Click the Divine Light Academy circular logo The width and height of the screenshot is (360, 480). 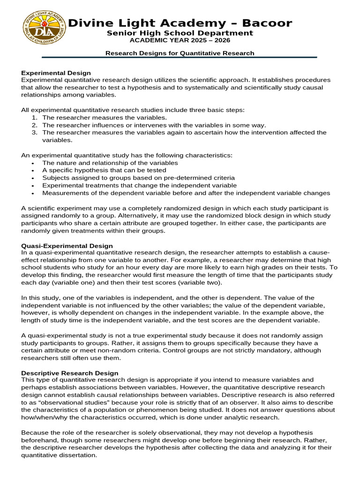point(45,28)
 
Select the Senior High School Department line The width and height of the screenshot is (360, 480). point(180,33)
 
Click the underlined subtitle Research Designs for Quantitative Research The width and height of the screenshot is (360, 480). point(180,53)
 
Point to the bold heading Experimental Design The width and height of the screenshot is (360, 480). point(56,73)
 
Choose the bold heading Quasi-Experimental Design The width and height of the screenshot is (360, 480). point(67,245)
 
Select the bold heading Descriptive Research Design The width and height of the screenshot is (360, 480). point(70,373)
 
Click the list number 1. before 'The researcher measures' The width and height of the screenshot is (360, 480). point(34,118)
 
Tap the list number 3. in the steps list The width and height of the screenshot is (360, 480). point(34,133)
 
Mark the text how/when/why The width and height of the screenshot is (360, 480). point(43,418)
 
